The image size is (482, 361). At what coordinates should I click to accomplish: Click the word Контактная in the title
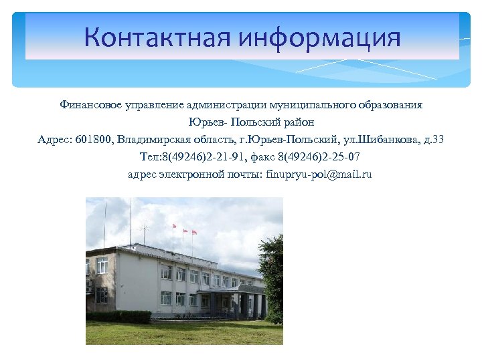[157, 37]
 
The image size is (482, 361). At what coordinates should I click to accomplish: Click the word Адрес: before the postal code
[56, 140]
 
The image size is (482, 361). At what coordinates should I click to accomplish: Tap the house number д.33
[430, 140]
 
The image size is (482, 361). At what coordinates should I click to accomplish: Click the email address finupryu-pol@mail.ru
[319, 174]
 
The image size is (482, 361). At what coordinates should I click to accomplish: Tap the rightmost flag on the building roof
[194, 232]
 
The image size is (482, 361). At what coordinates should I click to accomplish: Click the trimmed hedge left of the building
[119, 316]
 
